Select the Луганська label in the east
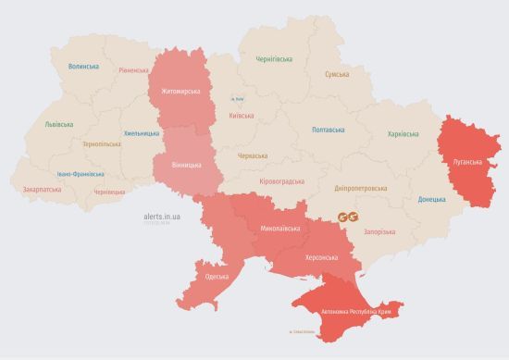[x=466, y=162]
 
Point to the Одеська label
[x=217, y=278]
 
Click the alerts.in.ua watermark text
[x=163, y=215]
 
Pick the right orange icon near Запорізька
[x=358, y=217]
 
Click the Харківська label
[x=403, y=134]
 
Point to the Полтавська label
[x=329, y=130]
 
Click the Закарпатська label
[x=42, y=189]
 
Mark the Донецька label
[x=431, y=199]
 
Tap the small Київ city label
[x=239, y=99]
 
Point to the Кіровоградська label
[x=282, y=181]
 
